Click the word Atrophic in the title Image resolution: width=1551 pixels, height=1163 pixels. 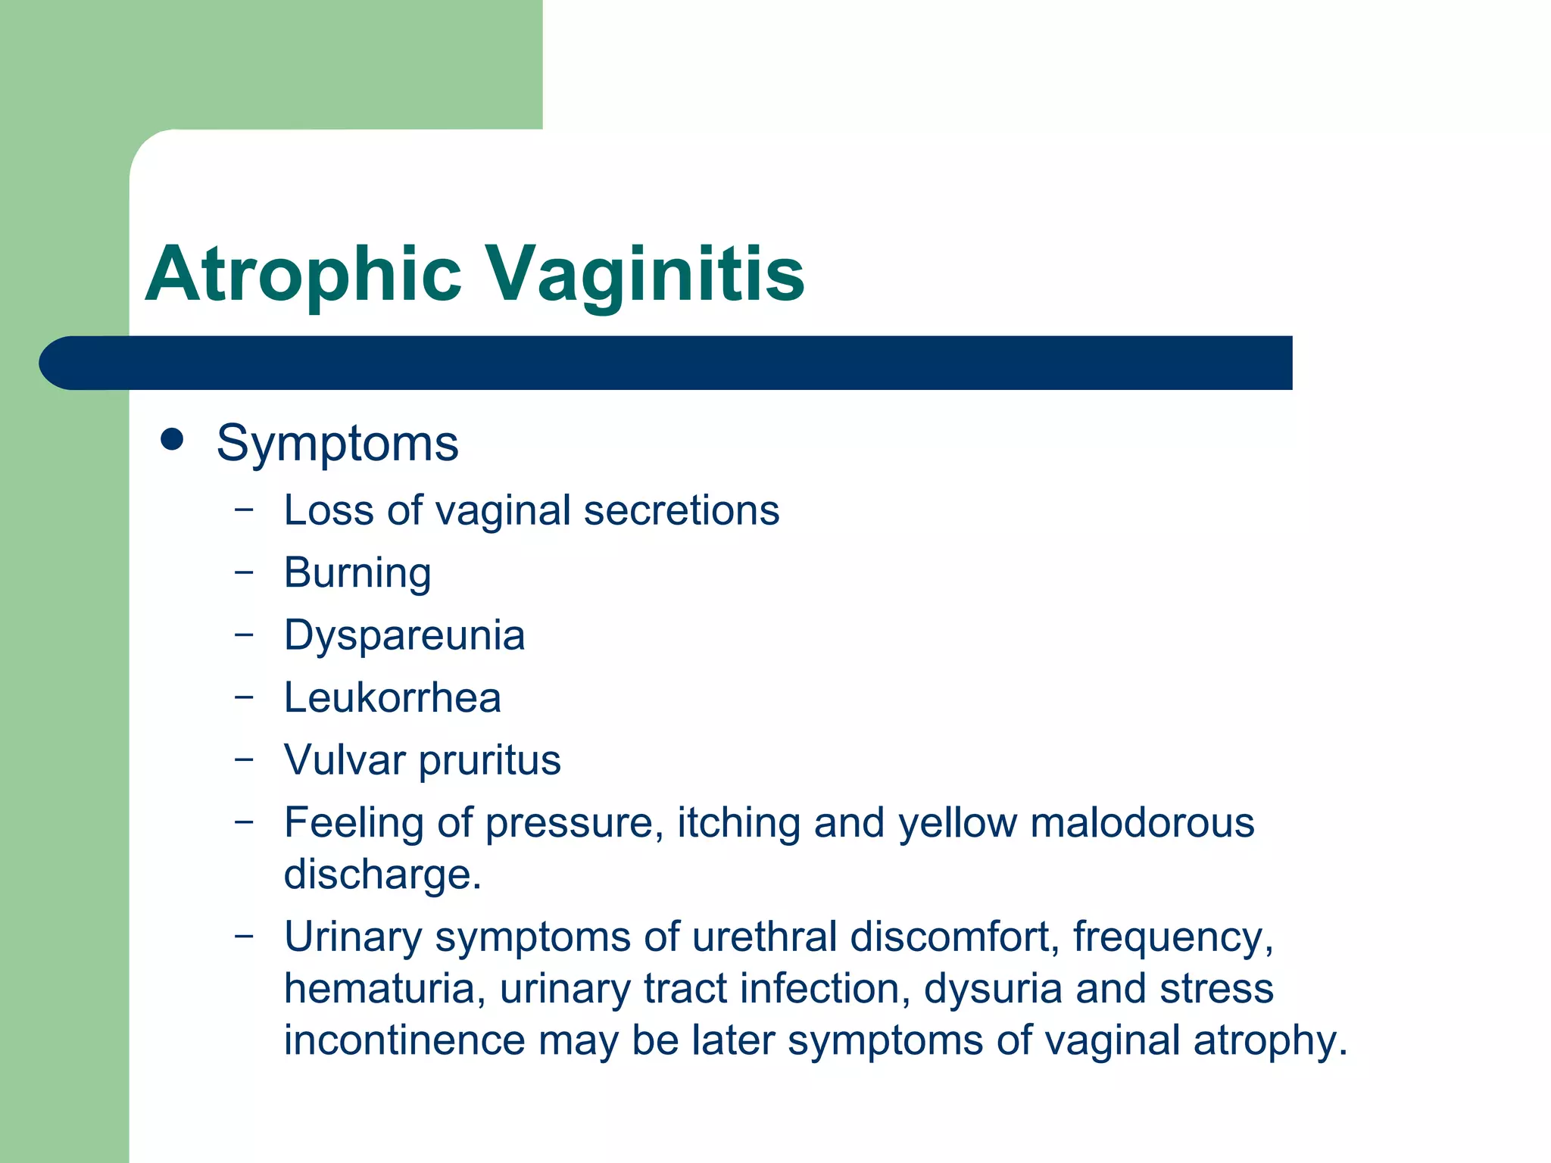[x=303, y=274]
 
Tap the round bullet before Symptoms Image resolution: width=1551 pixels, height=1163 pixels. [x=173, y=439]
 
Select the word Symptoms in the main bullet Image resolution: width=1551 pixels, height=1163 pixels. [x=337, y=444]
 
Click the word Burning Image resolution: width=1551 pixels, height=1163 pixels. [x=357, y=573]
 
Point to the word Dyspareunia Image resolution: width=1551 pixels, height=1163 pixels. [x=404, y=635]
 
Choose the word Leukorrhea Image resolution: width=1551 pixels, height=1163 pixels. [x=392, y=697]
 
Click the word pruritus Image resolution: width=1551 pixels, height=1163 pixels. [x=490, y=760]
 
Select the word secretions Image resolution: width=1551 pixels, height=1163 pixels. [x=682, y=510]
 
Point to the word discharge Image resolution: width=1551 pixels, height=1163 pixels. [x=382, y=875]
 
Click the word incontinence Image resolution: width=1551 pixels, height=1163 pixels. [x=404, y=1040]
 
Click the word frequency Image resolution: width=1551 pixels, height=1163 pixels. [x=1172, y=937]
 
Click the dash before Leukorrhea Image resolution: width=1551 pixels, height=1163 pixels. [x=244, y=695]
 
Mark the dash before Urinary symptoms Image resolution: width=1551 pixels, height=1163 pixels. [x=244, y=935]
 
